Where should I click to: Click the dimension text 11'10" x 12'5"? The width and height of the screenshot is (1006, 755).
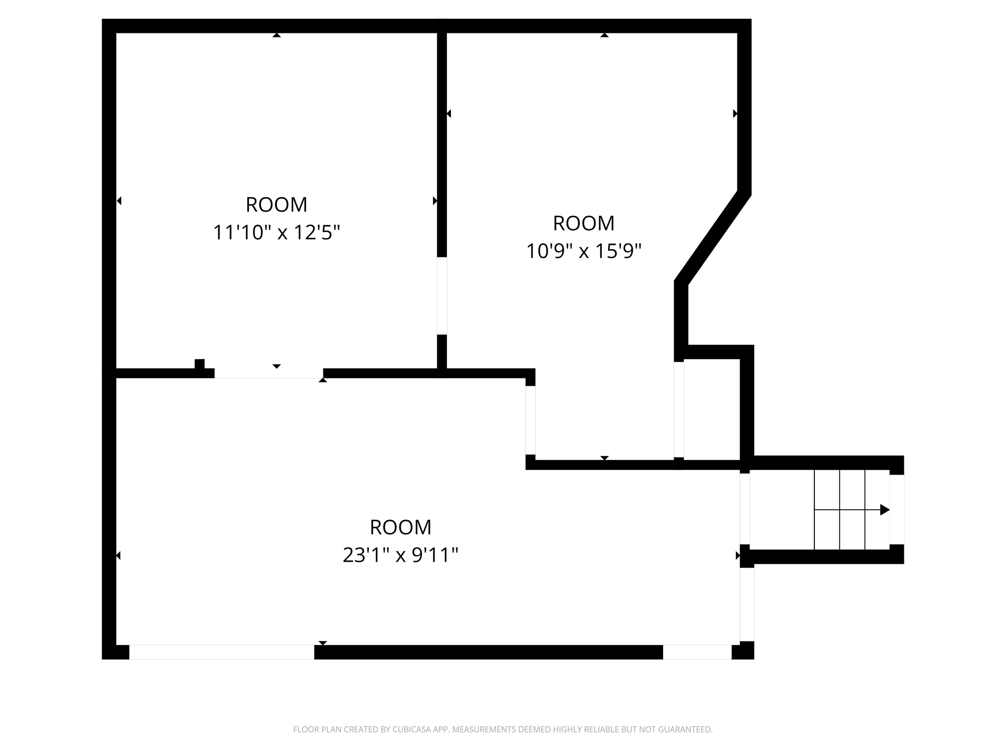(x=276, y=232)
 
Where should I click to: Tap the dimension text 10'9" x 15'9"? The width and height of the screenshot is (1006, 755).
(x=584, y=251)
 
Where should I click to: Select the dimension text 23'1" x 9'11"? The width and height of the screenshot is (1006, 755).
(x=400, y=555)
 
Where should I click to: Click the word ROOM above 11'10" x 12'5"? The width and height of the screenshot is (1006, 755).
(x=276, y=204)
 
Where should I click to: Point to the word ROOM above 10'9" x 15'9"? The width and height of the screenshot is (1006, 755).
(x=584, y=223)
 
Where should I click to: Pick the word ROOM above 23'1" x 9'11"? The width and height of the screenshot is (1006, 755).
(x=400, y=527)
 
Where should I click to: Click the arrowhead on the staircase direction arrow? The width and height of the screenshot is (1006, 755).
(x=885, y=510)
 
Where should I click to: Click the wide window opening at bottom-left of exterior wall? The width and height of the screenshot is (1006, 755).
(x=222, y=652)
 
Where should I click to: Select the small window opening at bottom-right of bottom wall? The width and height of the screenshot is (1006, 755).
(x=697, y=652)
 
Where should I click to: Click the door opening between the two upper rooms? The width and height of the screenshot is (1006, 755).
(x=442, y=295)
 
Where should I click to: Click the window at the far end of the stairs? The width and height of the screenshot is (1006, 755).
(x=896, y=509)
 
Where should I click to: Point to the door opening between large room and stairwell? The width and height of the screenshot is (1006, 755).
(x=745, y=509)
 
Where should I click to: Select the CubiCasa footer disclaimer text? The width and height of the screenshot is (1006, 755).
(x=503, y=729)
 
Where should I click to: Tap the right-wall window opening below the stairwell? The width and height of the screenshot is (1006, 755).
(x=747, y=605)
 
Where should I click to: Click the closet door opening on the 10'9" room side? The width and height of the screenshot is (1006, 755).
(x=679, y=409)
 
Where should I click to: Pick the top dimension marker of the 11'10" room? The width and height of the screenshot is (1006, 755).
(x=277, y=35)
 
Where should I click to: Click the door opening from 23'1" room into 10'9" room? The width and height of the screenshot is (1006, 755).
(x=531, y=420)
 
